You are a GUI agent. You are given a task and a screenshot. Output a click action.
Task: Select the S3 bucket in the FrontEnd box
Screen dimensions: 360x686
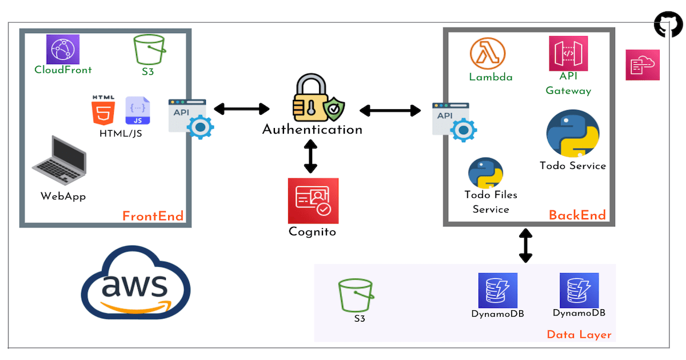pos(149,50)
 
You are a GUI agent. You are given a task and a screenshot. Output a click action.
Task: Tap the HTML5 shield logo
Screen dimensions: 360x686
pos(103,111)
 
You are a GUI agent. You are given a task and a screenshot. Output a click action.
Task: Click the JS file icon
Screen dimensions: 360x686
pos(138,110)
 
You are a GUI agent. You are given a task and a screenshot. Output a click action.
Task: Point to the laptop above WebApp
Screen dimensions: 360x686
pos(59,161)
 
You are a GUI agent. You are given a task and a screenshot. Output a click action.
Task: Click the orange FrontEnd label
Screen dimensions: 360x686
pos(153,216)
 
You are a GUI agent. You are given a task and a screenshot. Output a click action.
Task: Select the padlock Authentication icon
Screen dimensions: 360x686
pos(311,99)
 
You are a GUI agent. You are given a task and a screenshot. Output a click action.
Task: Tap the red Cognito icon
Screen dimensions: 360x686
pos(313,201)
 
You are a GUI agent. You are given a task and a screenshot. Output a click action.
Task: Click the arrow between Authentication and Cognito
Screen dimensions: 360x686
pos(310,156)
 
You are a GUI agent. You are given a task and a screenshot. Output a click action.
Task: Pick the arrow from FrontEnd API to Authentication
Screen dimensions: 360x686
pos(241,109)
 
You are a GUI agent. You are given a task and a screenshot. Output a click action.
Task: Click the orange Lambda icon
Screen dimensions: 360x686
pos(489,54)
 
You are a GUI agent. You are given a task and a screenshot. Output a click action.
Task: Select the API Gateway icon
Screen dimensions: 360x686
pos(568,53)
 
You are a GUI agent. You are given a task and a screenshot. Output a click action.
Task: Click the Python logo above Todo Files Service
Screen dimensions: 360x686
pos(486,173)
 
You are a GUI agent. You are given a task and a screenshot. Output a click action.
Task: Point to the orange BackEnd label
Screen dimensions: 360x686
pos(577,215)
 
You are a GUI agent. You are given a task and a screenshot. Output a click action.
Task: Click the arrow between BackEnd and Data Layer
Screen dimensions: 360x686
pos(525,245)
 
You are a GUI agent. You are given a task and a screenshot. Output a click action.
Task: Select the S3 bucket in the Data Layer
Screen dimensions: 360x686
pos(356,295)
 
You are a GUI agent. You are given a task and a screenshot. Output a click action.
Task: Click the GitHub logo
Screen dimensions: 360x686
pos(668,26)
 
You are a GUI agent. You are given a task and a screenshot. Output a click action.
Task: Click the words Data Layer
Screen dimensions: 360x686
pos(579,335)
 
